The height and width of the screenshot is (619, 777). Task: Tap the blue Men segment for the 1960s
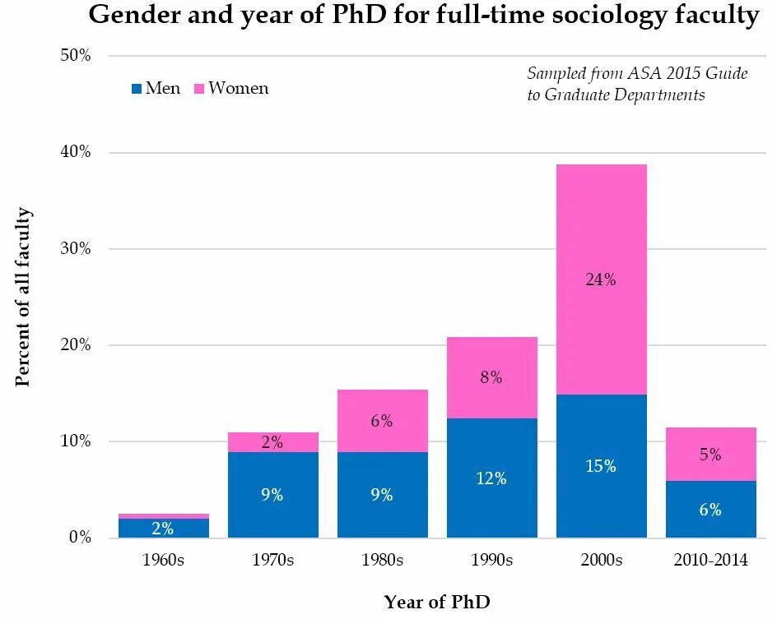tap(163, 528)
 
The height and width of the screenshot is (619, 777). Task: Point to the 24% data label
tap(601, 279)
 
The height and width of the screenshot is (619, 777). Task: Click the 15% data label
tap(601, 466)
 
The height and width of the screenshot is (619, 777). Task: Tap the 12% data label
tap(491, 478)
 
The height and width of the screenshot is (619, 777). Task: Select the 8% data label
tap(491, 378)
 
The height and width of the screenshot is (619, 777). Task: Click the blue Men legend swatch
tap(136, 89)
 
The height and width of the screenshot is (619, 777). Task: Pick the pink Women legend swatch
tap(198, 89)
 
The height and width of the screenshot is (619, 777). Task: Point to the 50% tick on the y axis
tap(76, 56)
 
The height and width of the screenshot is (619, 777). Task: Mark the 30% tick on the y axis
tap(76, 249)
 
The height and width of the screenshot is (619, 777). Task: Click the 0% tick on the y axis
tap(80, 538)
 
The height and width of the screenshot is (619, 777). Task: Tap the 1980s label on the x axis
tap(382, 561)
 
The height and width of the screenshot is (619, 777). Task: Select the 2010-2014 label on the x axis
tap(710, 561)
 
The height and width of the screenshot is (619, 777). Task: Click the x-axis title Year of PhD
tap(436, 602)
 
